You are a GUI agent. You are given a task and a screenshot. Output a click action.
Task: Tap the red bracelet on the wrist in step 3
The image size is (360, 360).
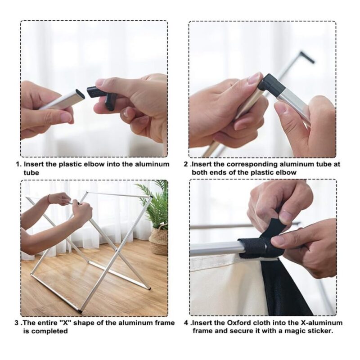point(49,198)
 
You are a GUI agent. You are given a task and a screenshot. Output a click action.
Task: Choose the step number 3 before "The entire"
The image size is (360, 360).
point(17,323)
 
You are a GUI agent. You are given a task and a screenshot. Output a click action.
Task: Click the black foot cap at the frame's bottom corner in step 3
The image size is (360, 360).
point(80,311)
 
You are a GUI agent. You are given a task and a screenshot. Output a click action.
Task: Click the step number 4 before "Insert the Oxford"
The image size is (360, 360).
point(186,323)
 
